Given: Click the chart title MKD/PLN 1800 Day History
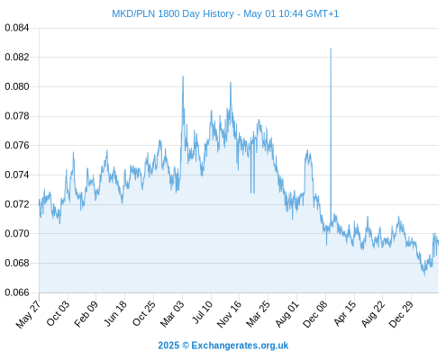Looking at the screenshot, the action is tap(173, 13).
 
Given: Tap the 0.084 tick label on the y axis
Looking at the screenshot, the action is tap(17, 28).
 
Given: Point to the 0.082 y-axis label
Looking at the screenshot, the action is tap(17, 57).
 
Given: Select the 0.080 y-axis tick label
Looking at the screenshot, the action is tap(17, 86).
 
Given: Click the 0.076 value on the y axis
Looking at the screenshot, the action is tap(17, 145).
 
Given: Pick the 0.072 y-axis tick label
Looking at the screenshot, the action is tap(17, 204).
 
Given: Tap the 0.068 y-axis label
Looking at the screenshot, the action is tap(17, 263).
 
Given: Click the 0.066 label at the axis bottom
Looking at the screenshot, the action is tap(17, 292).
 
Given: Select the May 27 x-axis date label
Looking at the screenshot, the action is tap(28, 314).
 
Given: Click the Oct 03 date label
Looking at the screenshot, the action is tap(58, 313).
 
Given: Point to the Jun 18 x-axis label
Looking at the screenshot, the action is tap(114, 313).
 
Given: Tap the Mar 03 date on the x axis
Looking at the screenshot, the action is tap(171, 313).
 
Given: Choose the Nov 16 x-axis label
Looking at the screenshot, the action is tap(229, 314).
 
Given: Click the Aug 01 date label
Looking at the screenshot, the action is tap(287, 313).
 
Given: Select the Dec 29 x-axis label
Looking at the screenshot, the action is tap(401, 314).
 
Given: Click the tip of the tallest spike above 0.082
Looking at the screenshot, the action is tap(331, 48).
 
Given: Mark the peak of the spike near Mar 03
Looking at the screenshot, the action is tap(183, 76).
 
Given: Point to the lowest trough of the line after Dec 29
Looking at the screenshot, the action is tap(424, 275).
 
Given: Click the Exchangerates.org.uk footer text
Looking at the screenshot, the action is tap(240, 346).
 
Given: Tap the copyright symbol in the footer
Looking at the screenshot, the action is tap(186, 346).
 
